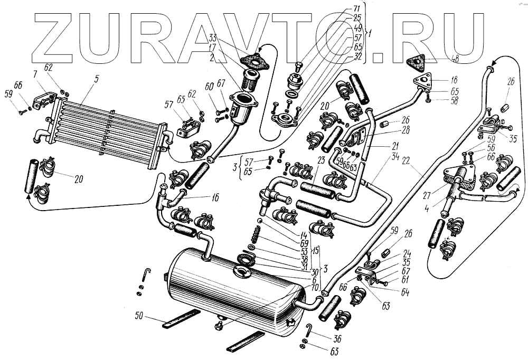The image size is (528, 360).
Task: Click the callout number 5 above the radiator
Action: coord(97,80)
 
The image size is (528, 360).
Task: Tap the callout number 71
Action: coord(357,9)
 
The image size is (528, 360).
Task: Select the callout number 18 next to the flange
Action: coord(452,81)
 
